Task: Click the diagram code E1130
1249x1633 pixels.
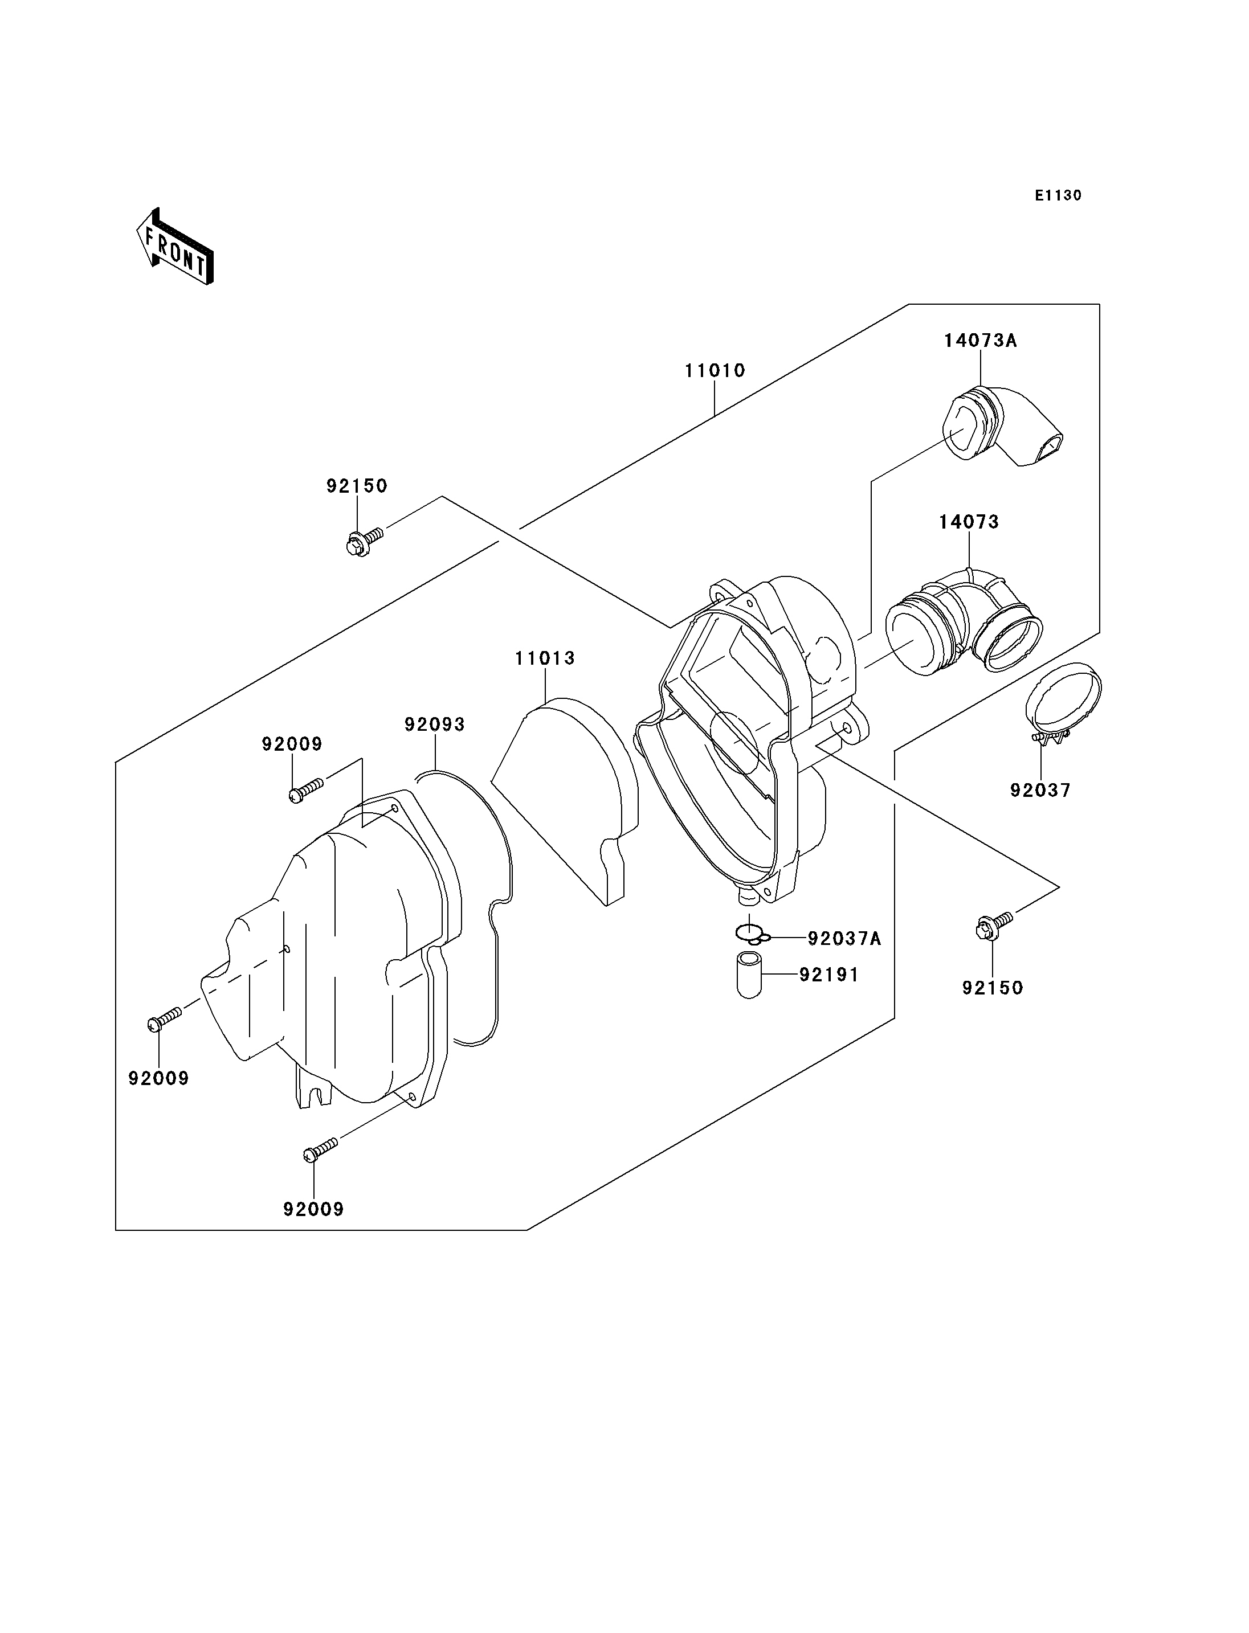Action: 1058,195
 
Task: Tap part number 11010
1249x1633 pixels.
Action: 715,370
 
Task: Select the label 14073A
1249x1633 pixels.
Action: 980,341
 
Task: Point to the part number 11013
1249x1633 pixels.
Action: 545,658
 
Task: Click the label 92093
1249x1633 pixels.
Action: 434,724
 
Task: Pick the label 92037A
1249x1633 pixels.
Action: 844,939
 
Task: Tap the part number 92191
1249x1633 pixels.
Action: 829,975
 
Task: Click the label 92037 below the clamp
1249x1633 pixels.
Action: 1040,790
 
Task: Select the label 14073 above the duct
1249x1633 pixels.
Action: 969,522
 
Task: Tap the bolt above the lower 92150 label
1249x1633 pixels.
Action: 992,926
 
